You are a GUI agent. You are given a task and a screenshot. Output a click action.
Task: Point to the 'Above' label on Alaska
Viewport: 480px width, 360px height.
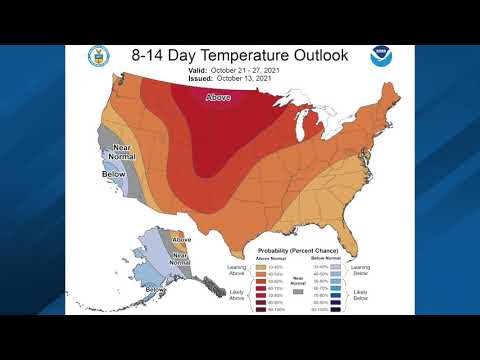point(181,240)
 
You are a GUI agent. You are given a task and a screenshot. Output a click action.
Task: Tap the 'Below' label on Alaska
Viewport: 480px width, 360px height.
point(156,290)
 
